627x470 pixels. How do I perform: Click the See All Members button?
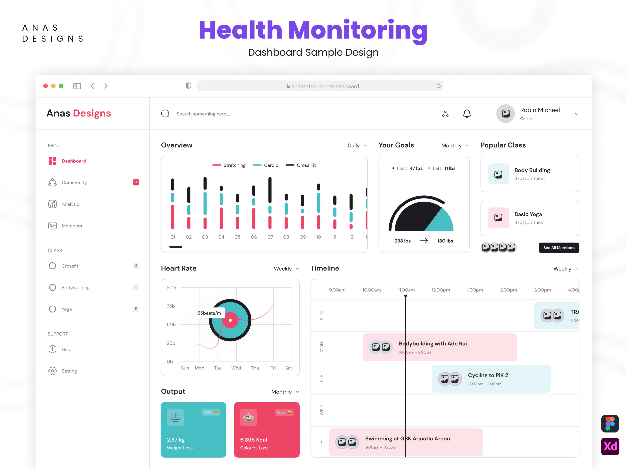558,248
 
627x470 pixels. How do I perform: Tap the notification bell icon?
467,114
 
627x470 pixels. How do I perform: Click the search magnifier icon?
165,114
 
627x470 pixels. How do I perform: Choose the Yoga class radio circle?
52,309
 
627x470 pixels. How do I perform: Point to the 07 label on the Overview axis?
270,237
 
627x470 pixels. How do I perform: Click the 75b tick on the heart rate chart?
171,306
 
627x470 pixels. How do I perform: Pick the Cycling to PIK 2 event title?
488,375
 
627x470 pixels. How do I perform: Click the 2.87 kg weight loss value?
176,440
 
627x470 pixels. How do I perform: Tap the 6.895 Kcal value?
253,440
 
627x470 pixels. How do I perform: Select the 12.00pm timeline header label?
440,290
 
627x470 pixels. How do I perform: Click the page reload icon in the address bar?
438,86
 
